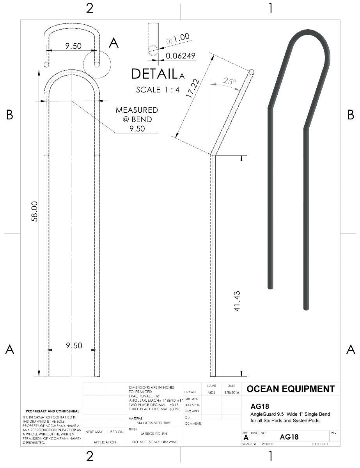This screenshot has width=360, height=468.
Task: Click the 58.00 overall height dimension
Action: [x=34, y=211]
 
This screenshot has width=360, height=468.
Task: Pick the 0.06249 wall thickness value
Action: [x=180, y=56]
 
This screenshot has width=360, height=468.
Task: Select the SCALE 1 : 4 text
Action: [x=158, y=90]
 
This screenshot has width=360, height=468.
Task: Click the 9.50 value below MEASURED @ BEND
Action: [x=137, y=129]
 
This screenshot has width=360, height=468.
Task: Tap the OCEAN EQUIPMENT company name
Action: [x=291, y=389]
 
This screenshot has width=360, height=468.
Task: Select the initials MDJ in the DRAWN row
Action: [x=211, y=392]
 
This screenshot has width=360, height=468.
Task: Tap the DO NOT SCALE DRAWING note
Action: [x=155, y=442]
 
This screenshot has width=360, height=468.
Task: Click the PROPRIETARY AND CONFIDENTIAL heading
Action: [x=52, y=411]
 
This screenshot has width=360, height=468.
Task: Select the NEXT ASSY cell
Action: [x=94, y=432]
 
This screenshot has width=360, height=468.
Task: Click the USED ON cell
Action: [x=116, y=432]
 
